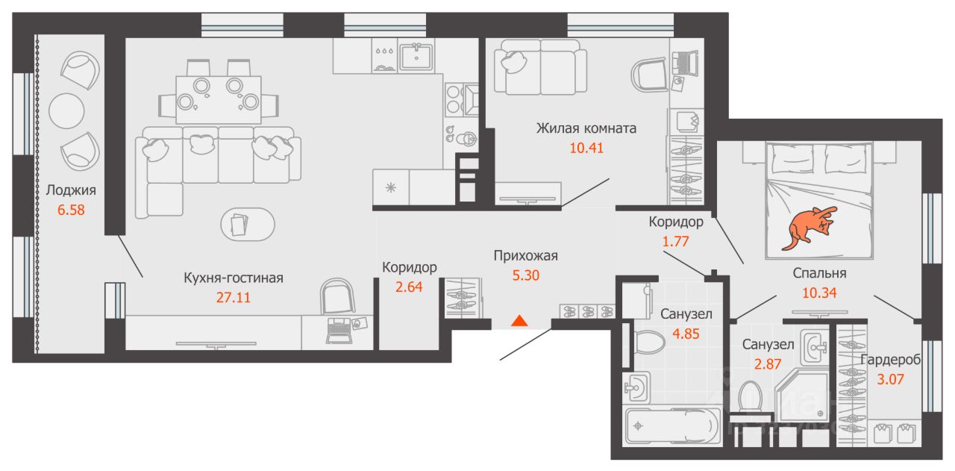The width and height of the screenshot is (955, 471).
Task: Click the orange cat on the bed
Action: (808, 228)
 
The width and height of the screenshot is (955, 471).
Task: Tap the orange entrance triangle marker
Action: (519, 321)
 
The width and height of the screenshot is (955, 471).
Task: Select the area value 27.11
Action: (234, 297)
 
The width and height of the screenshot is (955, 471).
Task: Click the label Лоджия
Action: (71, 190)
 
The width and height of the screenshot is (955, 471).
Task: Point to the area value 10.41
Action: (586, 148)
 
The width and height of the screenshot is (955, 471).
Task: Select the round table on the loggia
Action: (66, 111)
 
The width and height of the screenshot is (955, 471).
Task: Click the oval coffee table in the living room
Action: (248, 225)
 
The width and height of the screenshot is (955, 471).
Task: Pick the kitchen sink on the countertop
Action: (416, 55)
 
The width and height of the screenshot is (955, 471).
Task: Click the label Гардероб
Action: (890, 360)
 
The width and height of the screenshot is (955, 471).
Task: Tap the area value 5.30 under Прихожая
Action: (526, 275)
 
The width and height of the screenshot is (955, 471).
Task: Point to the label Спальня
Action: (819, 273)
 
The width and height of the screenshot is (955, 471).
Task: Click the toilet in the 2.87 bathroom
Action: (751, 396)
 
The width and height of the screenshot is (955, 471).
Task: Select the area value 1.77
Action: (675, 242)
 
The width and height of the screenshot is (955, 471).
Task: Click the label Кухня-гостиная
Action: (234, 278)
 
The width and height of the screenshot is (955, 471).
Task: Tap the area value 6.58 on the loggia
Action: (71, 210)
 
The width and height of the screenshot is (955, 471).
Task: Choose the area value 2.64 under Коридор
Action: (409, 287)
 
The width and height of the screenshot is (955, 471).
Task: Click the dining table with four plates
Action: (219, 100)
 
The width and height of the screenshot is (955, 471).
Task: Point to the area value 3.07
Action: (890, 379)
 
